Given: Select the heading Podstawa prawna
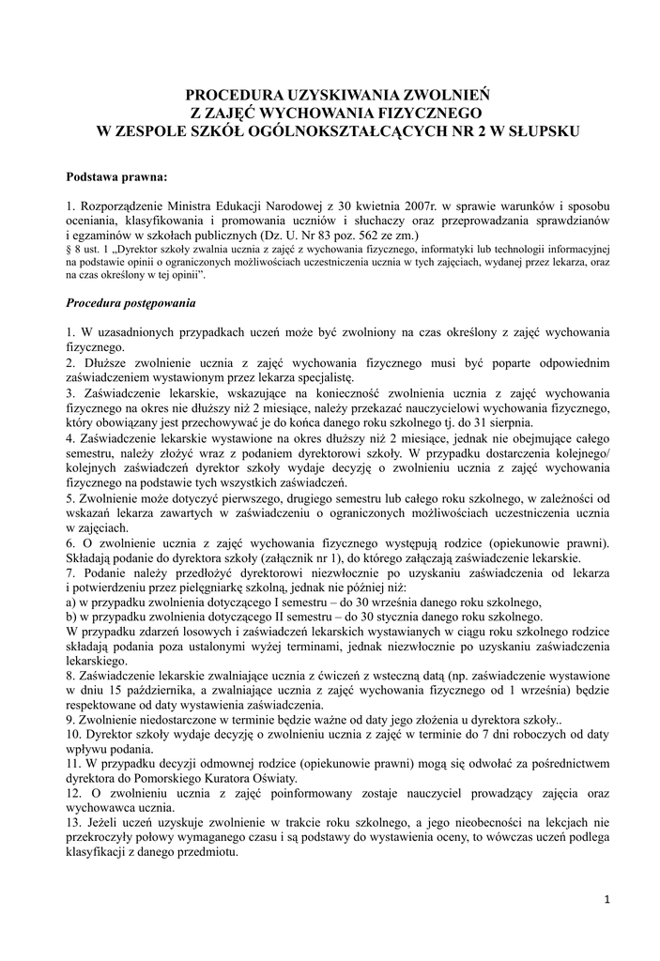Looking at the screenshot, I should tap(117, 176).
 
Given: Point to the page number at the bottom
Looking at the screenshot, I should tap(607, 900).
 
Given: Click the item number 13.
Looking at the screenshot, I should tap(74, 822).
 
